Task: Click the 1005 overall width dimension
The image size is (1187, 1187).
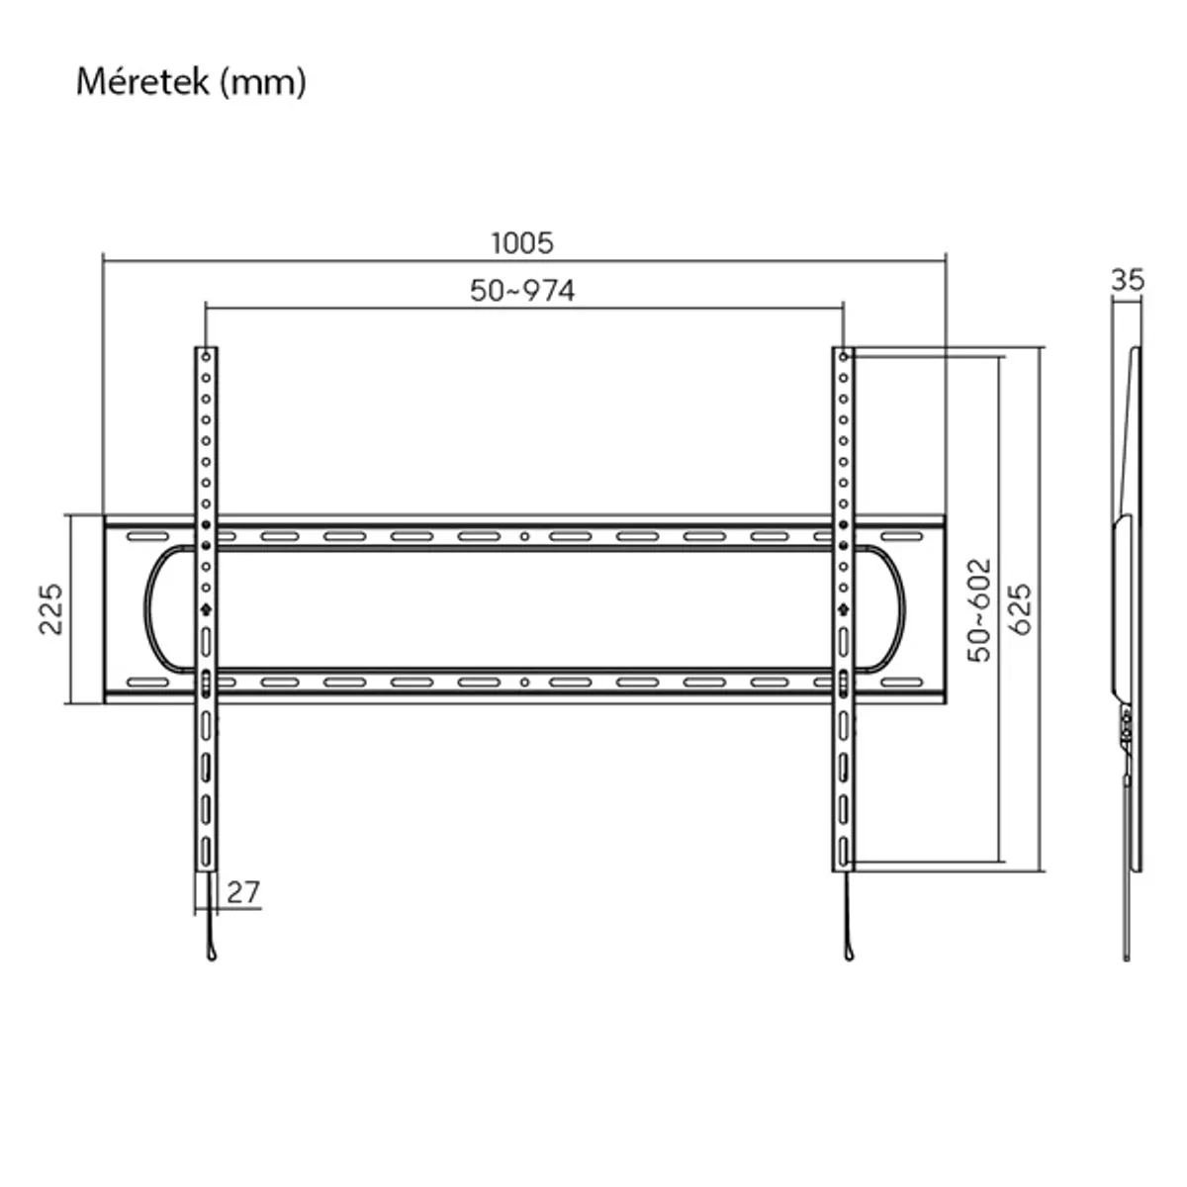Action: tap(522, 242)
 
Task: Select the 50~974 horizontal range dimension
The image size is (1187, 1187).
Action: tap(522, 291)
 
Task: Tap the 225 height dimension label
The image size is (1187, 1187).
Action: tap(51, 609)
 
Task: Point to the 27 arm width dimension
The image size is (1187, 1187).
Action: tap(242, 892)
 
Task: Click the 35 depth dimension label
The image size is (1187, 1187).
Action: tap(1127, 280)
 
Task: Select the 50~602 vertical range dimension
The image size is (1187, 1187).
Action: tap(978, 609)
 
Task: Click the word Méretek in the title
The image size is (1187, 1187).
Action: tap(142, 81)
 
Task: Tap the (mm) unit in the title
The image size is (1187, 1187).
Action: tap(263, 81)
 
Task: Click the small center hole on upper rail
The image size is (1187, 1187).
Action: tap(524, 537)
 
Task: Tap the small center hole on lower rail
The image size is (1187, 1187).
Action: tap(524, 682)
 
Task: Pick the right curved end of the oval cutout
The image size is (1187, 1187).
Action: tap(901, 609)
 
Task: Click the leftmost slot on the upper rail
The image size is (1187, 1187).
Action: tap(147, 537)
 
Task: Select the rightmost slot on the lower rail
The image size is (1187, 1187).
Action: tap(900, 682)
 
